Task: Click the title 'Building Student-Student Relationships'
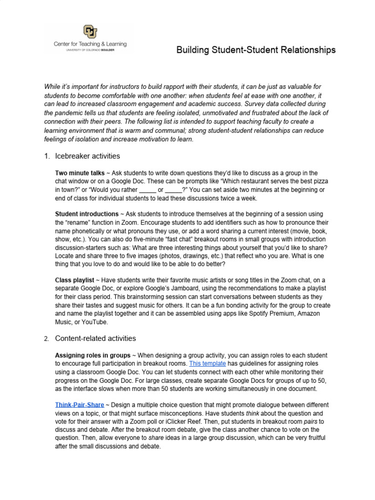pos(255,50)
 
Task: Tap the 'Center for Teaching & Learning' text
pos(90,44)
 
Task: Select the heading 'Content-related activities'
pos(95,338)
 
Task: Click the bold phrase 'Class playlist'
pos(74,280)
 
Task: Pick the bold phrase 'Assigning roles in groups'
pos(93,355)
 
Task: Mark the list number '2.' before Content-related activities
pos(46,339)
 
